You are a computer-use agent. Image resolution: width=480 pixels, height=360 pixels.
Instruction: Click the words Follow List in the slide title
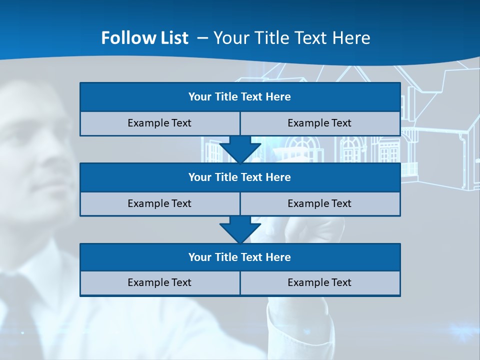coord(144,38)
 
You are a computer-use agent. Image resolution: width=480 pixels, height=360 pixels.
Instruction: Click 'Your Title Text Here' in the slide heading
coord(292,38)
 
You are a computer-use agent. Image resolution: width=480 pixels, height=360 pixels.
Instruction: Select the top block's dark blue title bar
coord(240,97)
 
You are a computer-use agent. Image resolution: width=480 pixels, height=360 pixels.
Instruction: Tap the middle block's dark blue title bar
coord(240,177)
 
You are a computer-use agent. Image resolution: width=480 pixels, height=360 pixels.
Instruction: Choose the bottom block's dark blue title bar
coord(240,257)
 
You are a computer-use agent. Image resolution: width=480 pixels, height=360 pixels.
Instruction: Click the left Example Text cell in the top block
coord(159,123)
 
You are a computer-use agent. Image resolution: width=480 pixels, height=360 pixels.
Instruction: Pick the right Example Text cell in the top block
coord(319,123)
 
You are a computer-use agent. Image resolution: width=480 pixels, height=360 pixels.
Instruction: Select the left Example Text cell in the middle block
coord(159,203)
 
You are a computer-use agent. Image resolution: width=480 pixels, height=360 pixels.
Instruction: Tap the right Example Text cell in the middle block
coord(319,203)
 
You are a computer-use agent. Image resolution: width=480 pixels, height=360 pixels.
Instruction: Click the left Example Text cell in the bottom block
coord(159,282)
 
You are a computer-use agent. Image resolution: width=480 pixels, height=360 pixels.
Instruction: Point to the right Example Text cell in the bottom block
coord(319,282)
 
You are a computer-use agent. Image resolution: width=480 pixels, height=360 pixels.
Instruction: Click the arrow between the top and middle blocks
coord(240,149)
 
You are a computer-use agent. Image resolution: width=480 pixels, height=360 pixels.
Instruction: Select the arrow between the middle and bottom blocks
coord(240,229)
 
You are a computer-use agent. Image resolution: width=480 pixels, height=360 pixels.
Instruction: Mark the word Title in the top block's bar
coord(226,97)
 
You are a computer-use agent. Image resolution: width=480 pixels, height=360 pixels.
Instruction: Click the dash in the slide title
coord(202,38)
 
